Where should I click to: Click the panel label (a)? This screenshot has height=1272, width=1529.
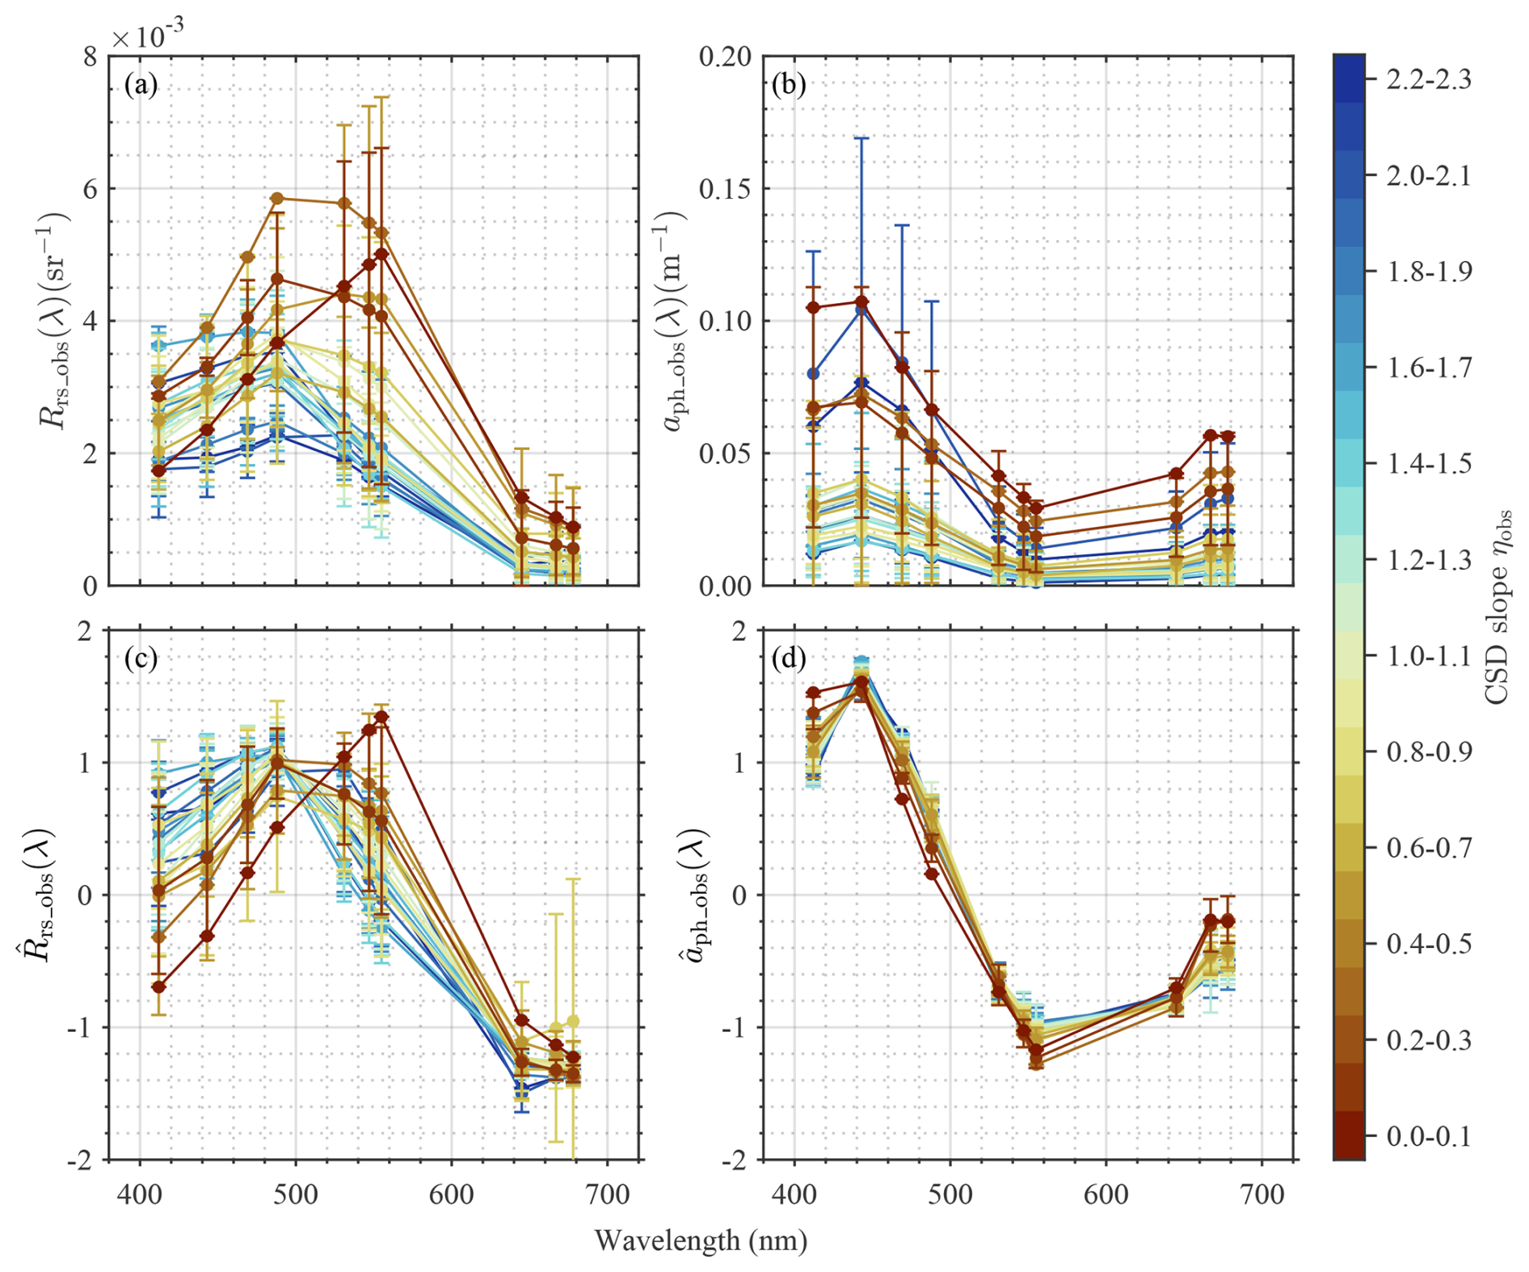pos(141,84)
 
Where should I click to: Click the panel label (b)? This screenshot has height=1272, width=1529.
pos(789,84)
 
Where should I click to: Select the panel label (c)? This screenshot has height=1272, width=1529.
pos(141,659)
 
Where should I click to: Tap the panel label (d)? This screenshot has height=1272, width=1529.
pos(789,659)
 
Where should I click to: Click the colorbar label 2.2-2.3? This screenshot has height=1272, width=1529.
pos(1429,79)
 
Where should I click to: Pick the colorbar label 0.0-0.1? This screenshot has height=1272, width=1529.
pos(1429,1136)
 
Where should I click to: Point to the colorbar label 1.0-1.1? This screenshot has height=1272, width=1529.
pos(1429,655)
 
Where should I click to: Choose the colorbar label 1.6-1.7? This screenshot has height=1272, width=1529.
pos(1429,368)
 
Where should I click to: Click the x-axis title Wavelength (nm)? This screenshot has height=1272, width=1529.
pos(701,1240)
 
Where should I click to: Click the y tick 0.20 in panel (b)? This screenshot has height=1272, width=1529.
pos(725,57)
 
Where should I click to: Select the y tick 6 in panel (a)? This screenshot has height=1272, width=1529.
pos(89,189)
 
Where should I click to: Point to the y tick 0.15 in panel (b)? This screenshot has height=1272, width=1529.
pos(725,189)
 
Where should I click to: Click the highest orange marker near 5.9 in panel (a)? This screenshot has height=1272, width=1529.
pos(277,198)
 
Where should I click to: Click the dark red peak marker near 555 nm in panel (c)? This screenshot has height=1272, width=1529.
pos(382,717)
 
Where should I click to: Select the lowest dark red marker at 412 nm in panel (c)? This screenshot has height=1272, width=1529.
pos(158,987)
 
